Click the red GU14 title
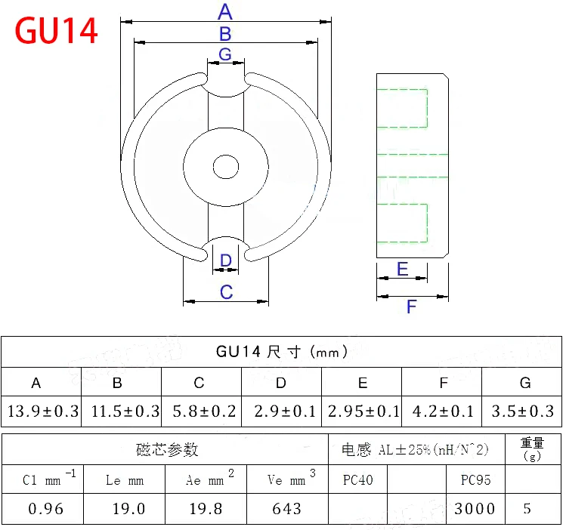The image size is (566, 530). pyautogui.click(x=57, y=31)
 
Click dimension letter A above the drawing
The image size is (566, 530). pyautogui.click(x=225, y=12)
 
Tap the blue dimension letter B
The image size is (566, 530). pyautogui.click(x=225, y=34)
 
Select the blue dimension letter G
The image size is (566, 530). pyautogui.click(x=225, y=54)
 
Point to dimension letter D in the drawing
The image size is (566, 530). pyautogui.click(x=226, y=261)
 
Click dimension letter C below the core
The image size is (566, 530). pyautogui.click(x=226, y=292)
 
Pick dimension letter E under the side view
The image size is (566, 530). pyautogui.click(x=402, y=270)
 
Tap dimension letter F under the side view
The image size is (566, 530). pyautogui.click(x=412, y=307)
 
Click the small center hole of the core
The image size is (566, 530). pyautogui.click(x=226, y=166)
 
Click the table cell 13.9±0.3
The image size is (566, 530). pyautogui.click(x=43, y=411)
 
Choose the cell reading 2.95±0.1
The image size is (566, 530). pyautogui.click(x=363, y=411)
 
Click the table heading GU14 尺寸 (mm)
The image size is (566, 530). pyautogui.click(x=281, y=351)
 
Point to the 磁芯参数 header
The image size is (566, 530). pyautogui.click(x=167, y=450)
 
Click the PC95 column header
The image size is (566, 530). pyautogui.click(x=475, y=479)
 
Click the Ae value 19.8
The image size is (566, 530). pyautogui.click(x=206, y=509)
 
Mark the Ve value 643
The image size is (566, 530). pyautogui.click(x=287, y=509)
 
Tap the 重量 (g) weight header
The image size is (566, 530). pyautogui.click(x=532, y=449)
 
